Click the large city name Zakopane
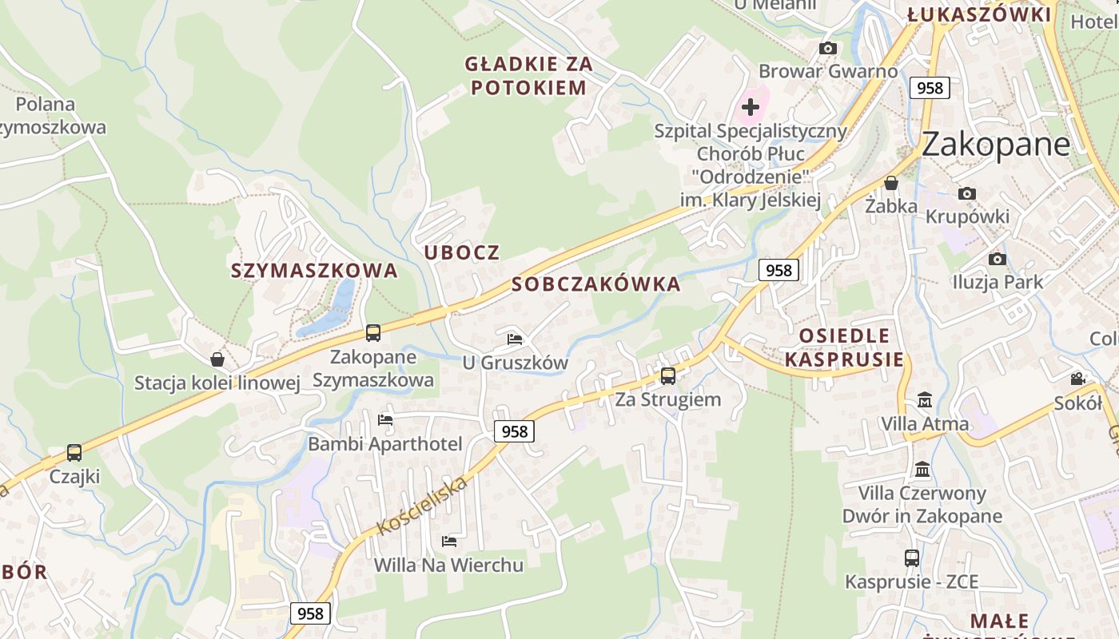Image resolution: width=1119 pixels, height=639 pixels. click(x=995, y=144)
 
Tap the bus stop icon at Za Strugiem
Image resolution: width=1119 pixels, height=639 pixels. click(x=668, y=375)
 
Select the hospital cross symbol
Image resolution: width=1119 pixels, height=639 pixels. click(x=751, y=106)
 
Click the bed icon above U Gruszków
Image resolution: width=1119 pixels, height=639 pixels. click(x=515, y=339)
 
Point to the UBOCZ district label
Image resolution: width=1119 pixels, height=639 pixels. click(x=462, y=253)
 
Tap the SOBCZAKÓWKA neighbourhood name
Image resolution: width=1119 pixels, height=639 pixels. click(x=596, y=284)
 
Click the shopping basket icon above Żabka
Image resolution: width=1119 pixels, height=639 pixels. click(x=891, y=183)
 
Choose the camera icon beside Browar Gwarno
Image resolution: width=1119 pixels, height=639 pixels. click(x=828, y=49)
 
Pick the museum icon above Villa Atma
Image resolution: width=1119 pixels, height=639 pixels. click(x=925, y=399)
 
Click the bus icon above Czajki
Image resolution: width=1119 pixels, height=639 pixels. click(x=74, y=453)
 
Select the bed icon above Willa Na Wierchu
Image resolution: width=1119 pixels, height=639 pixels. click(x=449, y=542)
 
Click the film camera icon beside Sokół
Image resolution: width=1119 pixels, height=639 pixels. click(x=1078, y=379)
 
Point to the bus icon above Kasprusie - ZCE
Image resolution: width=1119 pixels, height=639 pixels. click(x=912, y=558)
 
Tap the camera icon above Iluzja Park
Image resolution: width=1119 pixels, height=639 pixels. click(x=998, y=259)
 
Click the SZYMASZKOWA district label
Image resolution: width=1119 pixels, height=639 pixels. click(x=314, y=271)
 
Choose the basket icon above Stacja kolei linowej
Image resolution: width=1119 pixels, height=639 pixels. click(x=217, y=359)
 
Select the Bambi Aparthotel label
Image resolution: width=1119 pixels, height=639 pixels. click(x=385, y=444)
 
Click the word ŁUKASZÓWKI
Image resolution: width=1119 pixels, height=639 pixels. click(x=979, y=14)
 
